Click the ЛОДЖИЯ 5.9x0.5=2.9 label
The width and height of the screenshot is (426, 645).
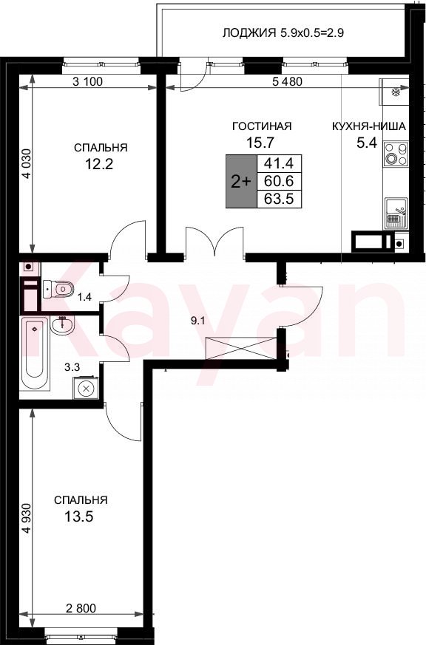(x=283, y=33)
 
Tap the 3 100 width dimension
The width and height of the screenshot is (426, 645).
(x=87, y=81)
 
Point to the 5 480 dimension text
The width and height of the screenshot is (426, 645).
(x=287, y=81)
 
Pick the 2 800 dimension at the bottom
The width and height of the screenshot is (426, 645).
(x=81, y=607)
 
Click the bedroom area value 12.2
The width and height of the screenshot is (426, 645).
(x=99, y=165)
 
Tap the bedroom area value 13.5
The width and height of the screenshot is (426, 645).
(x=79, y=516)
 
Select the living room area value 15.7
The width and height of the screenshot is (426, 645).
(x=260, y=143)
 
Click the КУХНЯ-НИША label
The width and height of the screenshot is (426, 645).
(x=369, y=126)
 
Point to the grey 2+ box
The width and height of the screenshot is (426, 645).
(x=241, y=181)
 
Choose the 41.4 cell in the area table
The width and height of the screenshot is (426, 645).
(x=279, y=164)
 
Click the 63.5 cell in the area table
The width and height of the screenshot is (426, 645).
(x=279, y=199)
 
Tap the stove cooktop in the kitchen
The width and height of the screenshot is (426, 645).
(x=396, y=154)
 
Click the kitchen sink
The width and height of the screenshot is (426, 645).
(x=396, y=214)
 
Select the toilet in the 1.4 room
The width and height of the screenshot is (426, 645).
(x=58, y=289)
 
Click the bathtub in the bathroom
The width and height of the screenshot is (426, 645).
(x=35, y=353)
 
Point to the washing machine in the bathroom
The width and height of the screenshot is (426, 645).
(x=86, y=387)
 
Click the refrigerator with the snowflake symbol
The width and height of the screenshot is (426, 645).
(x=396, y=92)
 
